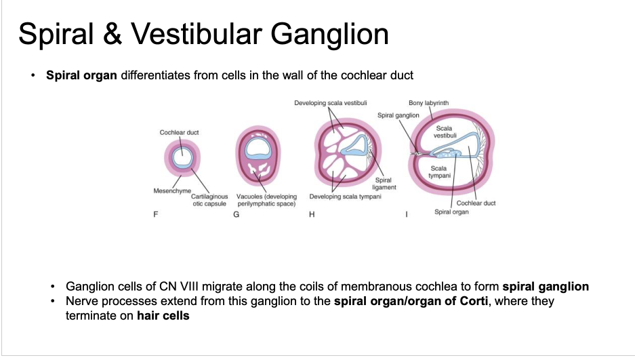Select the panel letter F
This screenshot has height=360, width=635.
tap(157, 215)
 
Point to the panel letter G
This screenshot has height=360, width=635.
tap(236, 215)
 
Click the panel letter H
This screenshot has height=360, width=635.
tap(312, 215)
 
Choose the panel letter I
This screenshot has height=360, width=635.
tap(407, 215)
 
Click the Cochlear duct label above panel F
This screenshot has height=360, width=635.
tap(179, 132)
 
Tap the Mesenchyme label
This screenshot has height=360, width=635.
tap(172, 191)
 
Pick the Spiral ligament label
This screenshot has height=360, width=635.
tap(384, 184)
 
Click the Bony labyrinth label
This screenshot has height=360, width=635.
tap(428, 103)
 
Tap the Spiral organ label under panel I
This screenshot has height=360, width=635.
tap(451, 212)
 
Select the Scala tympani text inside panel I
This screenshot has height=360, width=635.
tap(438, 172)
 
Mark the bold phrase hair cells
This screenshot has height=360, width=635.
tap(163, 315)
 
